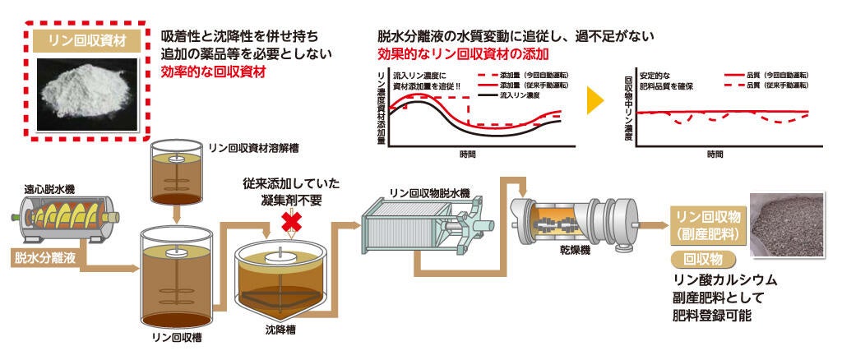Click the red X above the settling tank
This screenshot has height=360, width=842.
(289, 219)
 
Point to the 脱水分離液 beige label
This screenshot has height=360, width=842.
(46, 258)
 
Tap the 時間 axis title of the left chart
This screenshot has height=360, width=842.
(468, 154)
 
